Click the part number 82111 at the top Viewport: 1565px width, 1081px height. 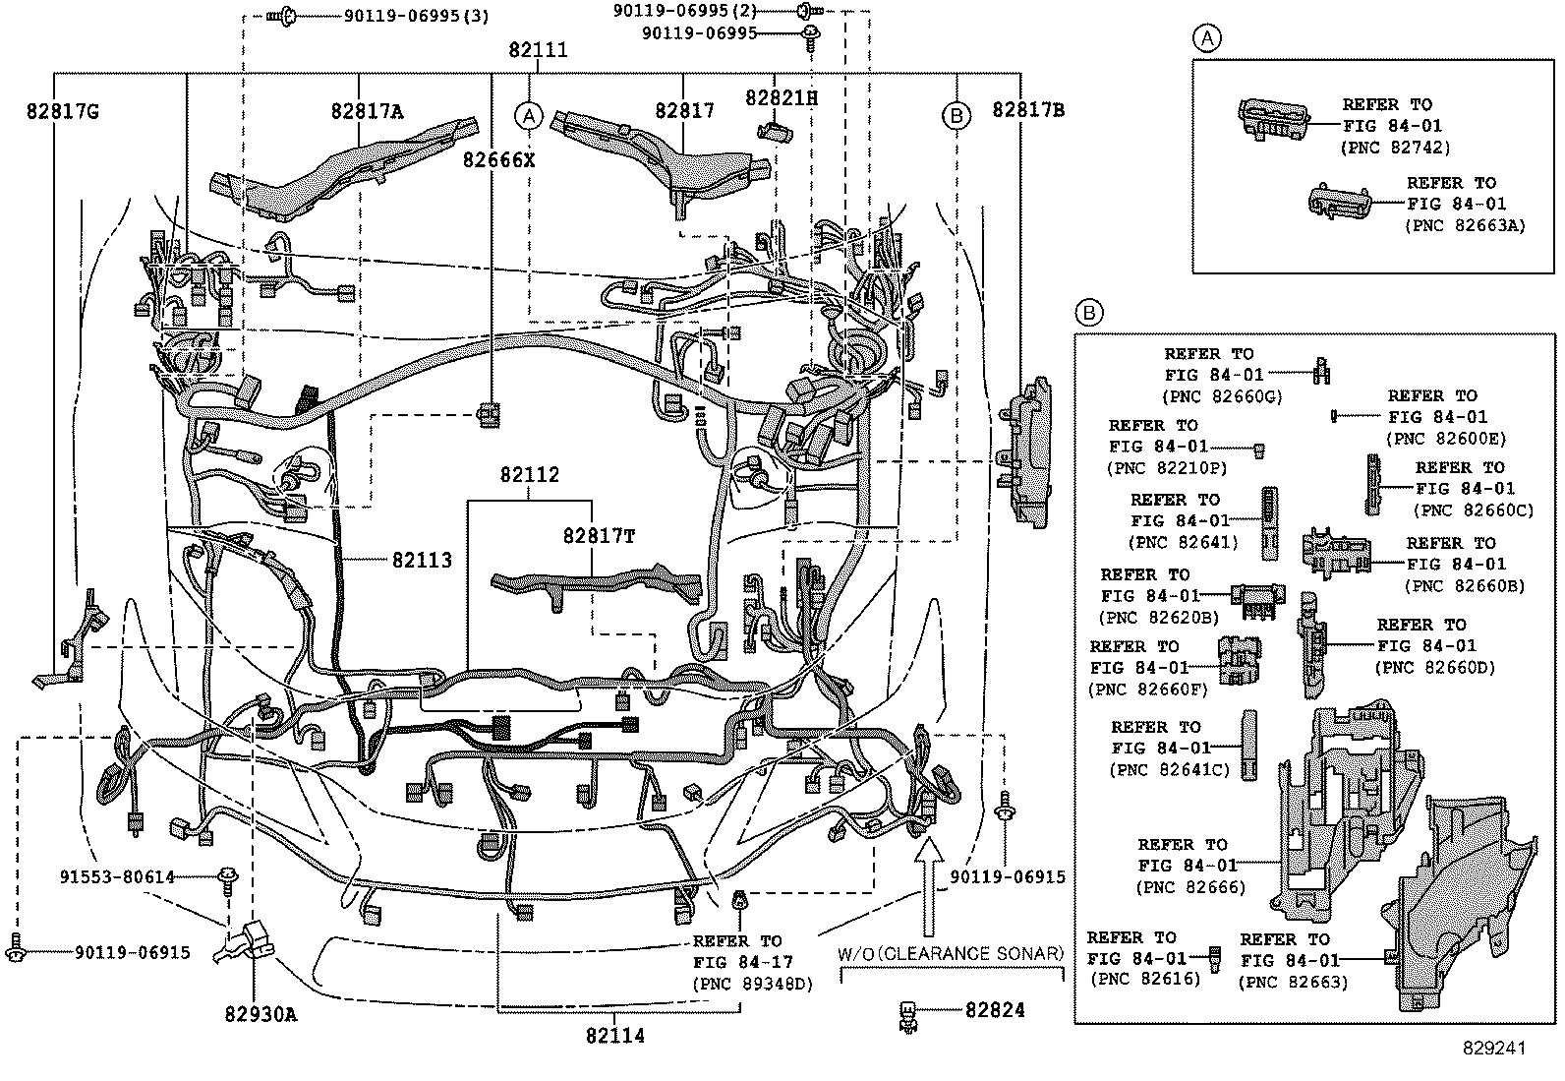pos(538,50)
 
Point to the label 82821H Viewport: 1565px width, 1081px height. pos(782,98)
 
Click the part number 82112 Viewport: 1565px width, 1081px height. pos(529,475)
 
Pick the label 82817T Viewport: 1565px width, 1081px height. pos(599,536)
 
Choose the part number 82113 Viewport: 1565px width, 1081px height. pos(422,561)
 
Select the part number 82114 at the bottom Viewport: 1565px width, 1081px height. pos(614,1036)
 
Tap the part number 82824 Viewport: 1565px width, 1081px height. pos(995,1010)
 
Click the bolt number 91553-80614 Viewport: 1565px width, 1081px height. pos(116,876)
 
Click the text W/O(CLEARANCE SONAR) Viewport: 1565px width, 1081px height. pos(951,954)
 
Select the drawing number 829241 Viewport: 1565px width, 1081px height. pos(1493,1049)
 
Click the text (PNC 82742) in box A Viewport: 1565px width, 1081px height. pos(1395,148)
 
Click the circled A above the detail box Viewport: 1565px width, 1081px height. pos(1206,38)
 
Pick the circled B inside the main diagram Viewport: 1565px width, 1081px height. pos(956,116)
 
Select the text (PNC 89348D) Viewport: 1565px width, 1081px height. pos(753,983)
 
